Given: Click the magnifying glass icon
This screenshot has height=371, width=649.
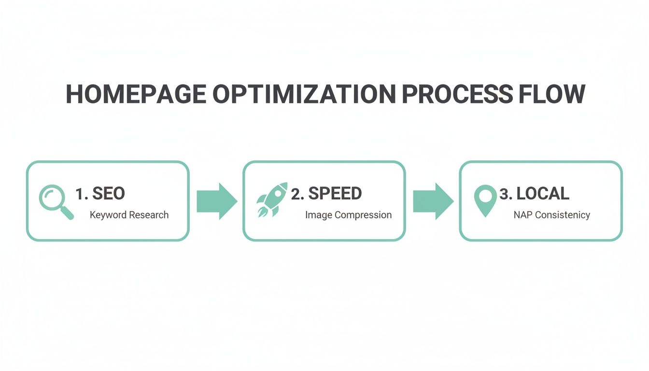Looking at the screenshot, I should click(x=56, y=202).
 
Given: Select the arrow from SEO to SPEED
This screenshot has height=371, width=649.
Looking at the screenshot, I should click(x=216, y=201).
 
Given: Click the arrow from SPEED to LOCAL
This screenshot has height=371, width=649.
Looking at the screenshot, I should click(x=433, y=201).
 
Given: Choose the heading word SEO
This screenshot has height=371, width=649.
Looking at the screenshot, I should click(x=108, y=194).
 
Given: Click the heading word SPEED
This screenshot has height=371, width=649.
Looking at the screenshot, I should click(x=335, y=194).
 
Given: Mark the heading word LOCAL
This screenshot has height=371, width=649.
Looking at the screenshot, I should click(x=542, y=194).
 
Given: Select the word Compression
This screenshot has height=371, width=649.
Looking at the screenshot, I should click(x=362, y=215).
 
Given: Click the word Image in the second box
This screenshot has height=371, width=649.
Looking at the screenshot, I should click(x=317, y=215).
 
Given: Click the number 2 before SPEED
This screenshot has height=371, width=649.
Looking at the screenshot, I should click(x=296, y=194).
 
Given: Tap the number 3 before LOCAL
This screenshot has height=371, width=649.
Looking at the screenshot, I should click(x=505, y=194).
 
